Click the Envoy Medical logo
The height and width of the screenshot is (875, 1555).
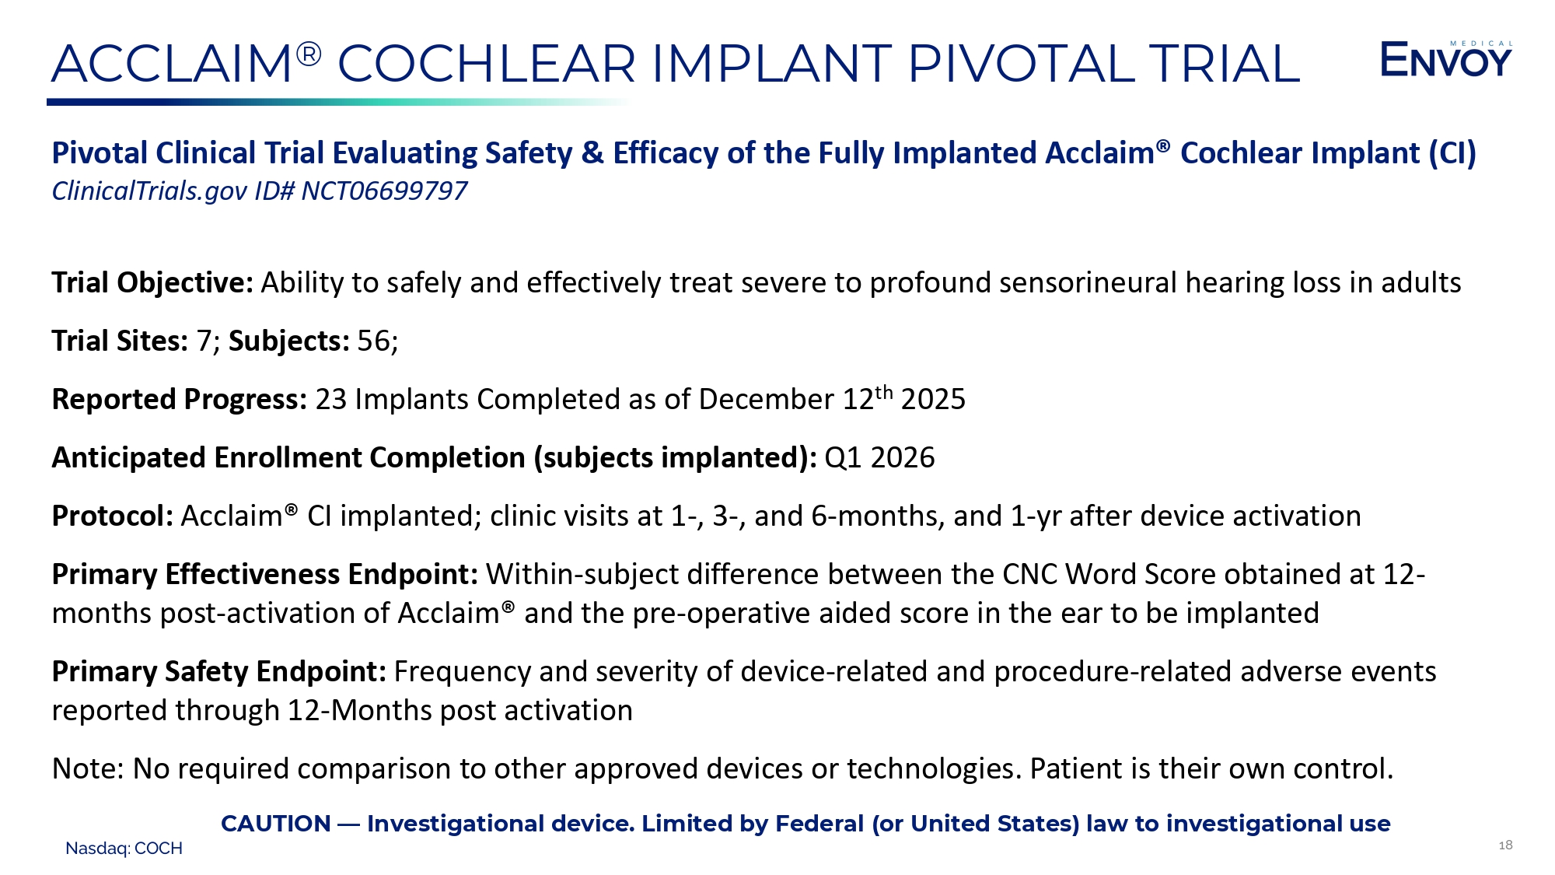(1446, 59)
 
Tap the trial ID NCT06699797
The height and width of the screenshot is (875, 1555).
(384, 191)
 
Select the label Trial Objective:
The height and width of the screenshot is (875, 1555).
(152, 283)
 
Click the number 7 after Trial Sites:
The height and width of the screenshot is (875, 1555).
(204, 341)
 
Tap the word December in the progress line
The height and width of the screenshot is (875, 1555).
(766, 399)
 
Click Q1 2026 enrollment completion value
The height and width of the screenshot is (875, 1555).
(879, 457)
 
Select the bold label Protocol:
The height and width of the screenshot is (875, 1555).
(113, 516)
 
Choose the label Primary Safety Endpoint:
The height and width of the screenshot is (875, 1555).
(219, 672)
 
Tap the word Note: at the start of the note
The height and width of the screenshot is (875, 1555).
(88, 768)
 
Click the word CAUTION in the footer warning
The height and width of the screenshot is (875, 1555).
(276, 824)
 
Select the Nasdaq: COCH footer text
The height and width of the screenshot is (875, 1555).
(124, 849)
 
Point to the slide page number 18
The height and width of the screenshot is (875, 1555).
(1505, 845)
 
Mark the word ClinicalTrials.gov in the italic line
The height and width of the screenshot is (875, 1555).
(149, 191)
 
